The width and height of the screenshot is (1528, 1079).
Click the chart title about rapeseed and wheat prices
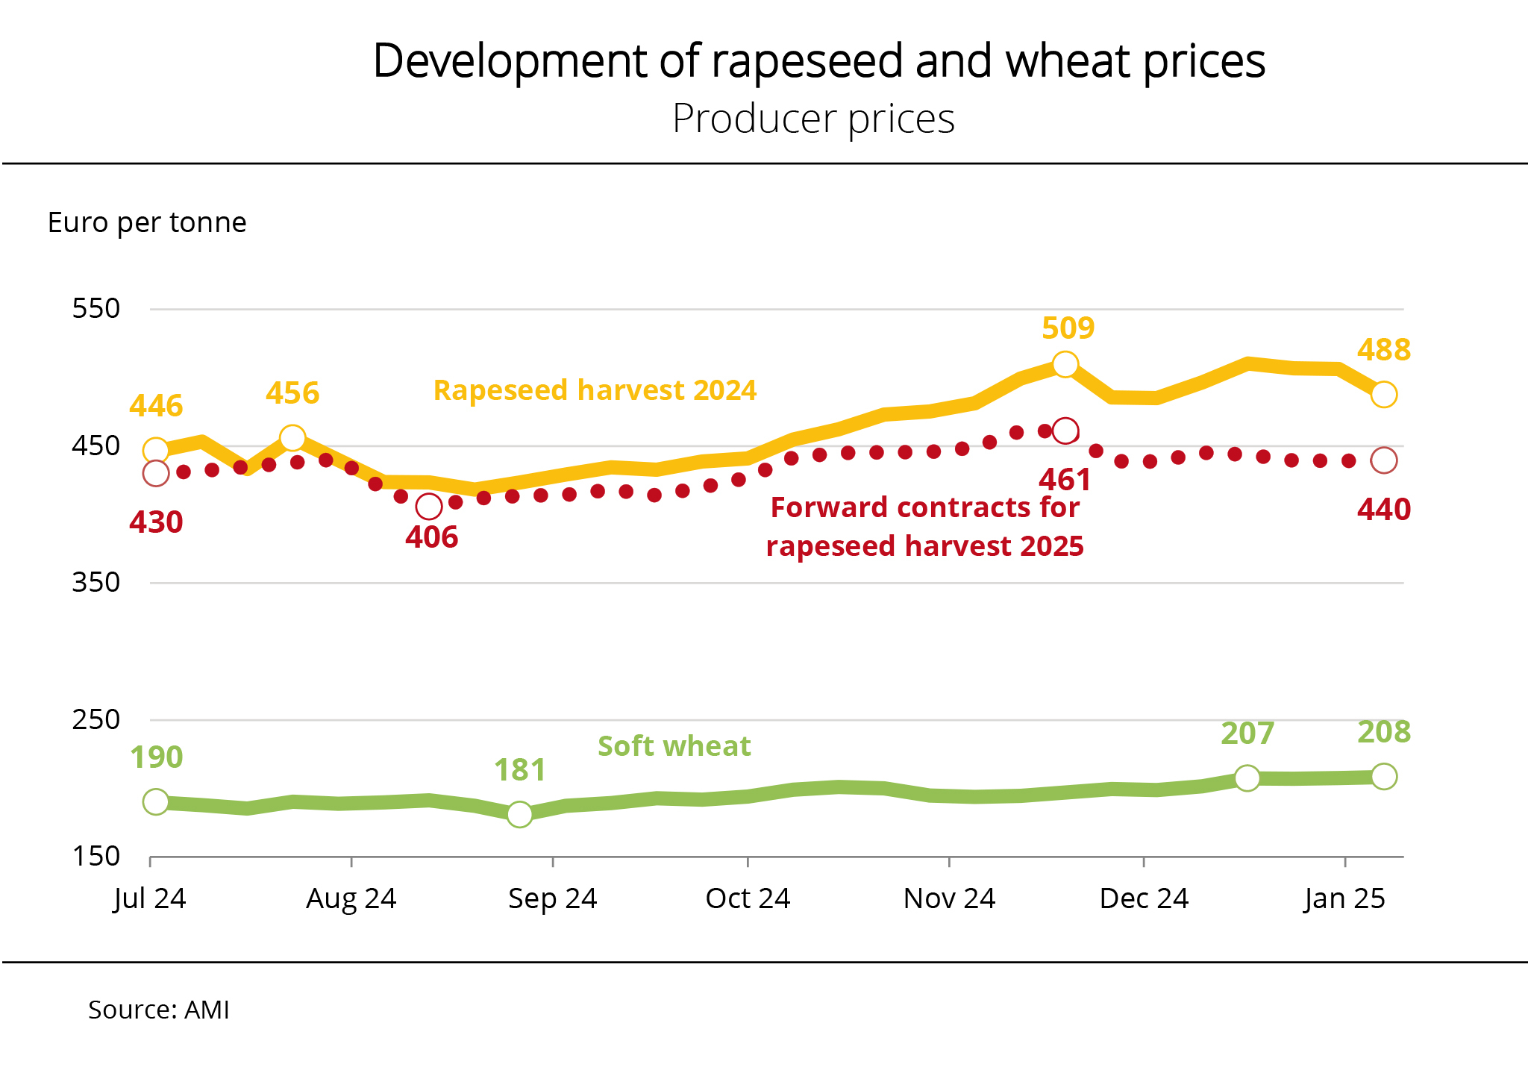pos(818,61)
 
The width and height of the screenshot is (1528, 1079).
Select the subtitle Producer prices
pos(813,119)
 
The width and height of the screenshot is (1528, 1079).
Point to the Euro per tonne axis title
pos(147,222)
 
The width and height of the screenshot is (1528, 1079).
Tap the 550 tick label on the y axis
pos(95,308)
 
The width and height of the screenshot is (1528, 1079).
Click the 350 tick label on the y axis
pos(95,582)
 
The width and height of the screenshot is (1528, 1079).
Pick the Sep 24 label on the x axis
pos(552,898)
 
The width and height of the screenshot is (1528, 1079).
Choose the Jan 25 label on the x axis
pos(1344,898)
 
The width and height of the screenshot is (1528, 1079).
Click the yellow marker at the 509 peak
pos(1065,364)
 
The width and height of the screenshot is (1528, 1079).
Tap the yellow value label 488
pos(1383,350)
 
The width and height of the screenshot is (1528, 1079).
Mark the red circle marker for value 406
pos(429,507)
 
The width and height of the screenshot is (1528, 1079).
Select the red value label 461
pos(1065,480)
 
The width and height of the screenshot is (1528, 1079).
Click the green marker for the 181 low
pos(520,814)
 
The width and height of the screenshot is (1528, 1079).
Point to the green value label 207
pos(1247,734)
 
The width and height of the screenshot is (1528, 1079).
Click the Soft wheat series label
pos(674,746)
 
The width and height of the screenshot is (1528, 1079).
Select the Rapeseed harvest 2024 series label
pos(595,390)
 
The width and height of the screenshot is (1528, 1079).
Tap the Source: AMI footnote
pos(159,1010)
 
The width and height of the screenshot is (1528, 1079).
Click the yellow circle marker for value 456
pos(292,437)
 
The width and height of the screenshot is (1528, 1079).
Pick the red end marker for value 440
pos(1384,460)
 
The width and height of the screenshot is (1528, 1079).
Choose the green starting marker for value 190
pos(156,801)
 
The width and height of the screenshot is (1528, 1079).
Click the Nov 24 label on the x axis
pos(949,898)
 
